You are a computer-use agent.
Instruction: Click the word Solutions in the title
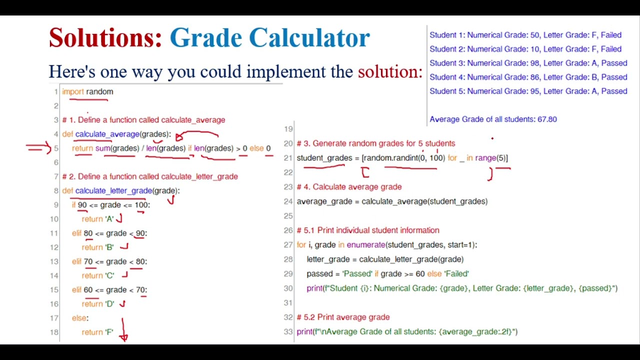105,38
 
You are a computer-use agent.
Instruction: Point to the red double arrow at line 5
38,147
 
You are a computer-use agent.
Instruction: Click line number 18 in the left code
54,332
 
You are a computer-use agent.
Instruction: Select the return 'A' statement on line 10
98,219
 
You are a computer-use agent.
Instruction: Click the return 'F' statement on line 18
97,332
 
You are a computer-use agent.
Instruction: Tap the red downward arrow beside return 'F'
123,330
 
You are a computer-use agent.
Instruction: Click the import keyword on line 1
73,91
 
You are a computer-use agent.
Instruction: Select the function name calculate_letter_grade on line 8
113,190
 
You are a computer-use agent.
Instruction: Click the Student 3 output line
528,63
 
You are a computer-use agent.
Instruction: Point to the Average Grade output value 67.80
547,119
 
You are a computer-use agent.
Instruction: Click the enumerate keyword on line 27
365,245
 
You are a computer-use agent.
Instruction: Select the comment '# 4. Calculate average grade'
349,187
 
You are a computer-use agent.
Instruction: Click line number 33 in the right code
288,331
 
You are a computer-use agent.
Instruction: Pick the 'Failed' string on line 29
455,274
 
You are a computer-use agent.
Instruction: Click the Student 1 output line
525,35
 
